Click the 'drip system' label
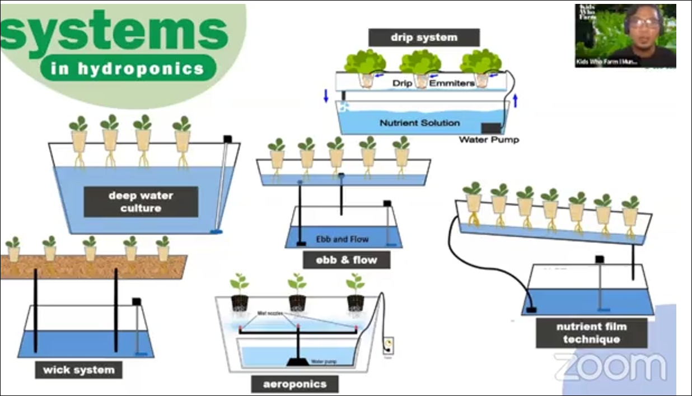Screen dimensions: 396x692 pyautogui.click(x=424, y=38)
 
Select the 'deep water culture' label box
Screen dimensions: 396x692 pyautogui.click(x=141, y=202)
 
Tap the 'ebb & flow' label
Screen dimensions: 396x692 pyautogui.click(x=347, y=260)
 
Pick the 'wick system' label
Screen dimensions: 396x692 pyautogui.click(x=78, y=370)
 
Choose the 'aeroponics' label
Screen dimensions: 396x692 pyautogui.click(x=294, y=384)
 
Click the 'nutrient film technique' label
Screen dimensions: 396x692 pyautogui.click(x=591, y=333)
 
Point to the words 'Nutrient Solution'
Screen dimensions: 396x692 pyautogui.click(x=419, y=123)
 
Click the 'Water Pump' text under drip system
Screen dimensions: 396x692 pyautogui.click(x=488, y=139)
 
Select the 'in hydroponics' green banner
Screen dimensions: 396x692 pyautogui.click(x=128, y=68)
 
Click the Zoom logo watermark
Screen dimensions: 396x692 pyautogui.click(x=610, y=367)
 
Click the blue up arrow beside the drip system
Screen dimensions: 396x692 pyautogui.click(x=515, y=101)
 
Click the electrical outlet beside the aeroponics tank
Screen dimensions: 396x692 pyautogui.click(x=388, y=345)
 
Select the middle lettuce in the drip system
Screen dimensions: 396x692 pyautogui.click(x=420, y=63)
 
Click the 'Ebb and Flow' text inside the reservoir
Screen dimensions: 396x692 pyautogui.click(x=342, y=239)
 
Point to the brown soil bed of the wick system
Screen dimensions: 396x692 pyautogui.click(x=92, y=267)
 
